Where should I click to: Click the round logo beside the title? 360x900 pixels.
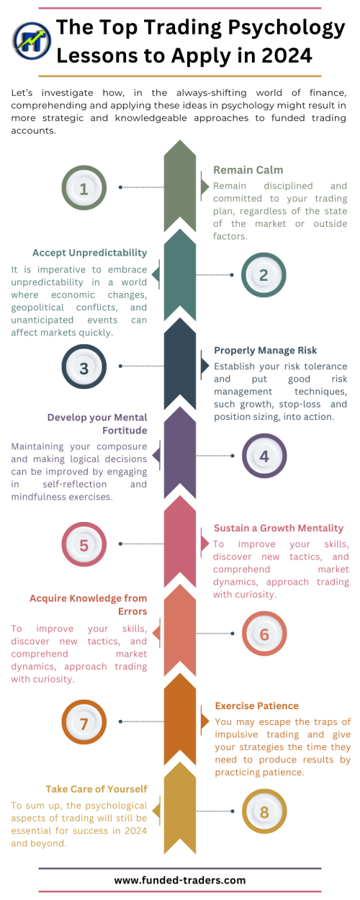32,40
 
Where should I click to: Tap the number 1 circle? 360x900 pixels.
84,188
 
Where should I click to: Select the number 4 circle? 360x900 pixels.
264,456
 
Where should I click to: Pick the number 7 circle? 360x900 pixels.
84,722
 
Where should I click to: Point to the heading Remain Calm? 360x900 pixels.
248,170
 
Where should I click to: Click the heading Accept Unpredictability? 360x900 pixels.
89,253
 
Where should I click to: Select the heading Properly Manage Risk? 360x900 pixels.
265,351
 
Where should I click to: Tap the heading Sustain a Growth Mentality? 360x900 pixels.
279,528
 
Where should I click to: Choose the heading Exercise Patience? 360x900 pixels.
257,706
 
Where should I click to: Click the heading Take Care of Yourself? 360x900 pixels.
96,788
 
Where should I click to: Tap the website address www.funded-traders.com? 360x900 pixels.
179,881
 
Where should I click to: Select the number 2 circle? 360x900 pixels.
264,275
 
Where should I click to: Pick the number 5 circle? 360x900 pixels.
84,544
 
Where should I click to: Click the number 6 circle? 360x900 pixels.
264,633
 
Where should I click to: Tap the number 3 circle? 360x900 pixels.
84,366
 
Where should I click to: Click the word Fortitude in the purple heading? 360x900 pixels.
125,431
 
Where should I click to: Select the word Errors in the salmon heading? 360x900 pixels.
132,611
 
